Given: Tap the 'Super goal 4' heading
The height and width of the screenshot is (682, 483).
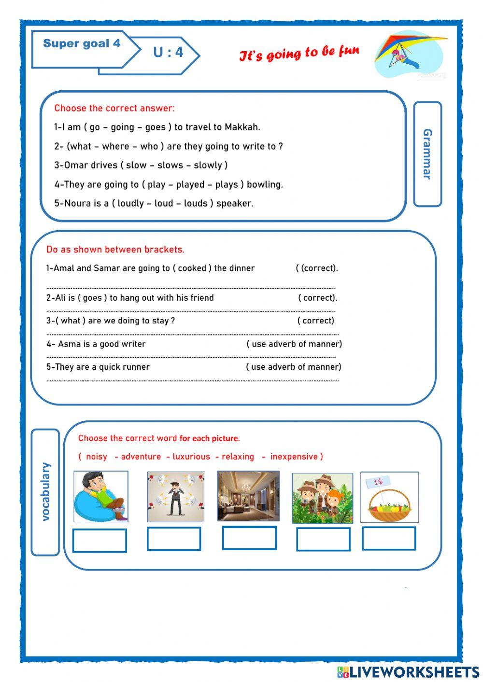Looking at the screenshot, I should coord(82,43).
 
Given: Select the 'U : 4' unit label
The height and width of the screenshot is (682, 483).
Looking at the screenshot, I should coord(168,52).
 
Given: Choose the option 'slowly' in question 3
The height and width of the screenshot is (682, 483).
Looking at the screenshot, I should coord(208,165).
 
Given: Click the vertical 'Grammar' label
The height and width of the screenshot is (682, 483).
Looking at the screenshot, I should coord(427,154).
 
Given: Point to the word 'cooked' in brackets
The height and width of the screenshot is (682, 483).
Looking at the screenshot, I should coord(192,268).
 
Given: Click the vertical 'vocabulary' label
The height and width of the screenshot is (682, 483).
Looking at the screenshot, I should coord(45,491).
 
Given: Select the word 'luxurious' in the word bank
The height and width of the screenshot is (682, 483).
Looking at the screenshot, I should coord(191,457).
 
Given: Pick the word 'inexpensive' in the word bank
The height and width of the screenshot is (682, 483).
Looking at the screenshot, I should coord(294,457).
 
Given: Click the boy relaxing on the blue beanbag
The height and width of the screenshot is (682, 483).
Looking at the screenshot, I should coord(101,497).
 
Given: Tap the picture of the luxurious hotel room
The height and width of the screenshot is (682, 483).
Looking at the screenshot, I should coord(248,496).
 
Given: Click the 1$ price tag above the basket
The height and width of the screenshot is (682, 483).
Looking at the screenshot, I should coord(378,482).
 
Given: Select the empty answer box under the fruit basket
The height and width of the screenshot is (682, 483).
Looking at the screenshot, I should coord(389,538).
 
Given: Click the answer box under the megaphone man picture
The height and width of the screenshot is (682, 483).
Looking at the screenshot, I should coord(174,539).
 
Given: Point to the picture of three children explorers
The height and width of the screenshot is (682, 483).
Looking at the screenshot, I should coord(322,498).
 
